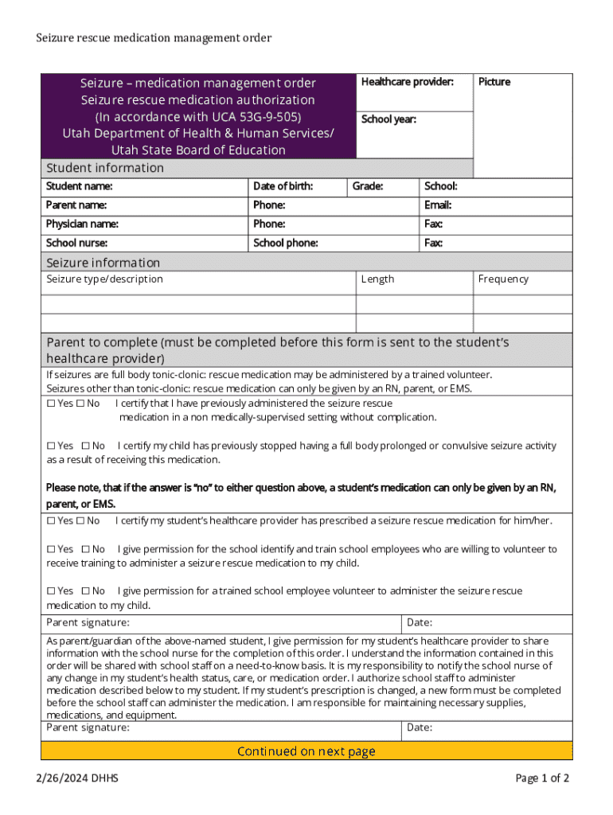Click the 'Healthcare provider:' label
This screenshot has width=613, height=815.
(407, 82)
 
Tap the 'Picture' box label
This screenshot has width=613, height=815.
(494, 82)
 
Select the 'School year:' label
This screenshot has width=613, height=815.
(388, 119)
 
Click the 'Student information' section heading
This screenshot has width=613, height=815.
(105, 168)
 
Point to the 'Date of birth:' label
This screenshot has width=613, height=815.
(283, 186)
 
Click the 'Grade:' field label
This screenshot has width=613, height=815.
(367, 186)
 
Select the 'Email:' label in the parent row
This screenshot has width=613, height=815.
(438, 205)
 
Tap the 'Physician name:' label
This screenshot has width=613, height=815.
(82, 224)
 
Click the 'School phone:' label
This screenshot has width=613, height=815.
(285, 243)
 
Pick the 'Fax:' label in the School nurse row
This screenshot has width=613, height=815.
(433, 243)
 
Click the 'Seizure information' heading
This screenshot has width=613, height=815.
(103, 263)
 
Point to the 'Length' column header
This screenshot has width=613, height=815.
(377, 279)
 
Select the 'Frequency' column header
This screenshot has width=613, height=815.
(503, 279)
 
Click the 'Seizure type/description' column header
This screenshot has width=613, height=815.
(104, 279)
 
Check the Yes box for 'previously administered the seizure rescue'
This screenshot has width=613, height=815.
(51, 404)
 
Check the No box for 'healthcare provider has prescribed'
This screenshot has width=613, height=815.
(80, 521)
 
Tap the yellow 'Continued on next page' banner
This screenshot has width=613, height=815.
(306, 751)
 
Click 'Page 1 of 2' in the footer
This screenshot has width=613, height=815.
(542, 778)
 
